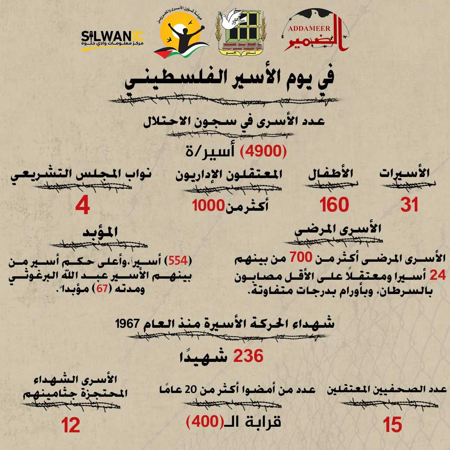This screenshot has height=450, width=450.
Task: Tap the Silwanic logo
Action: click(112, 39)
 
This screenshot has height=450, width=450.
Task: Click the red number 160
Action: click(334, 205)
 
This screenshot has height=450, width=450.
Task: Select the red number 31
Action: click(409, 205)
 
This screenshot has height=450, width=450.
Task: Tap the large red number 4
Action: click(82, 206)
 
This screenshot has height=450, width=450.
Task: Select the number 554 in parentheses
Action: click(177, 260)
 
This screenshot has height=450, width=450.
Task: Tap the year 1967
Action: click(127, 324)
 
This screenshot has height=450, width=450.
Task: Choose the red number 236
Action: click(248, 356)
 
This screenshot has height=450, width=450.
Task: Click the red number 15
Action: click(393, 425)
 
